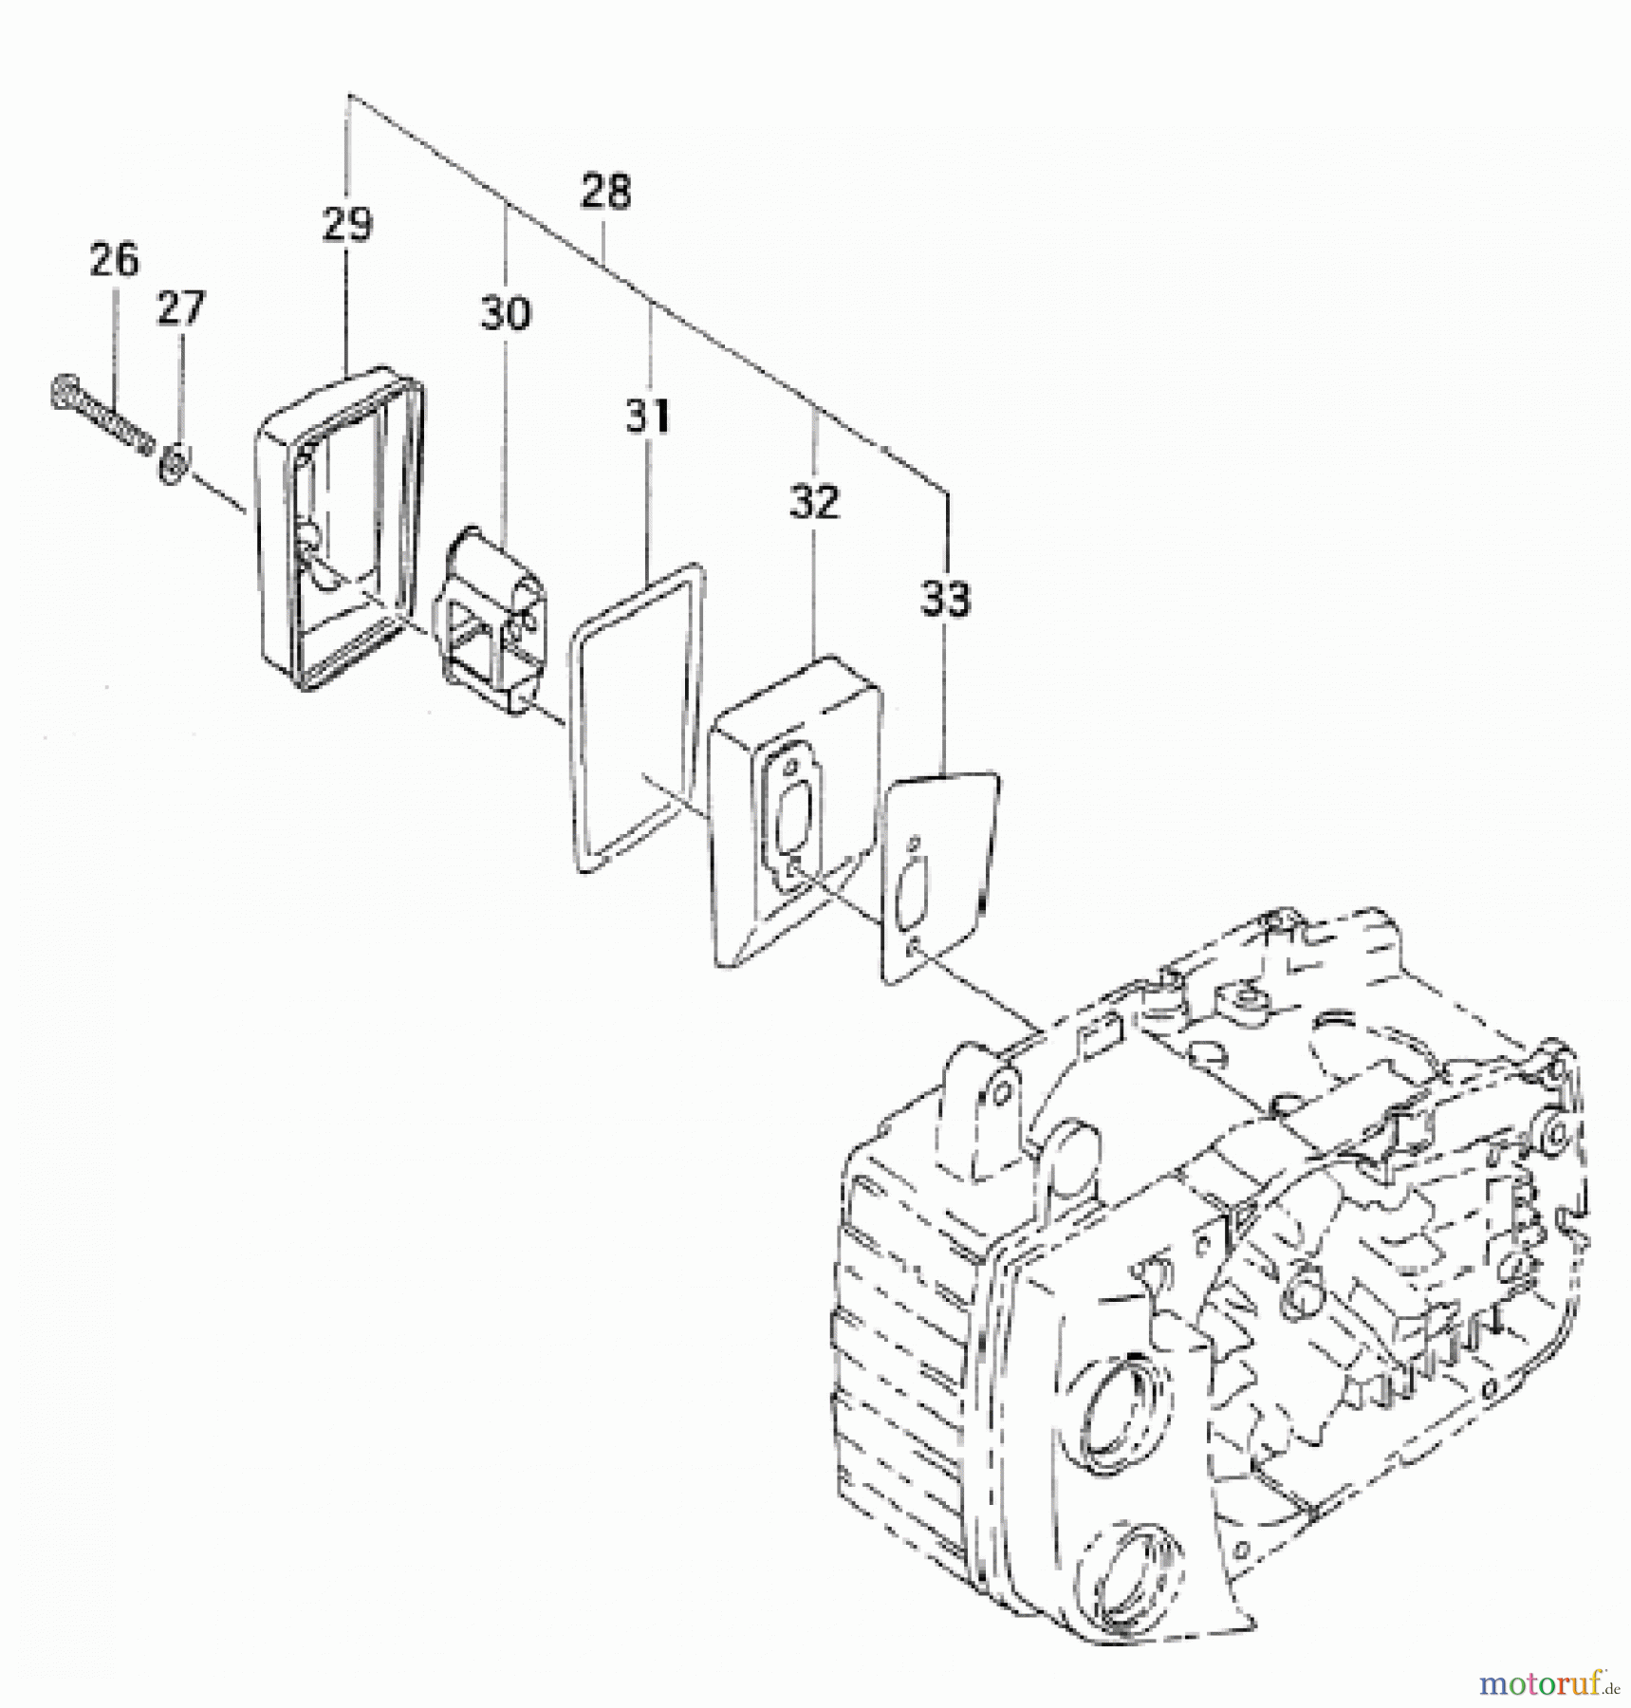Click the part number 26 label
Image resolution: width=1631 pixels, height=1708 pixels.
[x=114, y=259]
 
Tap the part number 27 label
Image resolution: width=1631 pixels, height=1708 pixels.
[x=180, y=307]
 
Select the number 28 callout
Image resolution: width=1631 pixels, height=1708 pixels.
[x=605, y=191]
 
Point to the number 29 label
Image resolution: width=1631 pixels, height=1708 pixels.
[x=347, y=224]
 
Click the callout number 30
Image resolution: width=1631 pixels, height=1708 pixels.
[x=505, y=312]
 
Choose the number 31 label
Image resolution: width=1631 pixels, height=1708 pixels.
[x=648, y=416]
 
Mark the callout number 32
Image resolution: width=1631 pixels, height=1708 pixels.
[x=814, y=501]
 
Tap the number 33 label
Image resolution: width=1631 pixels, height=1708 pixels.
[x=945, y=599]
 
